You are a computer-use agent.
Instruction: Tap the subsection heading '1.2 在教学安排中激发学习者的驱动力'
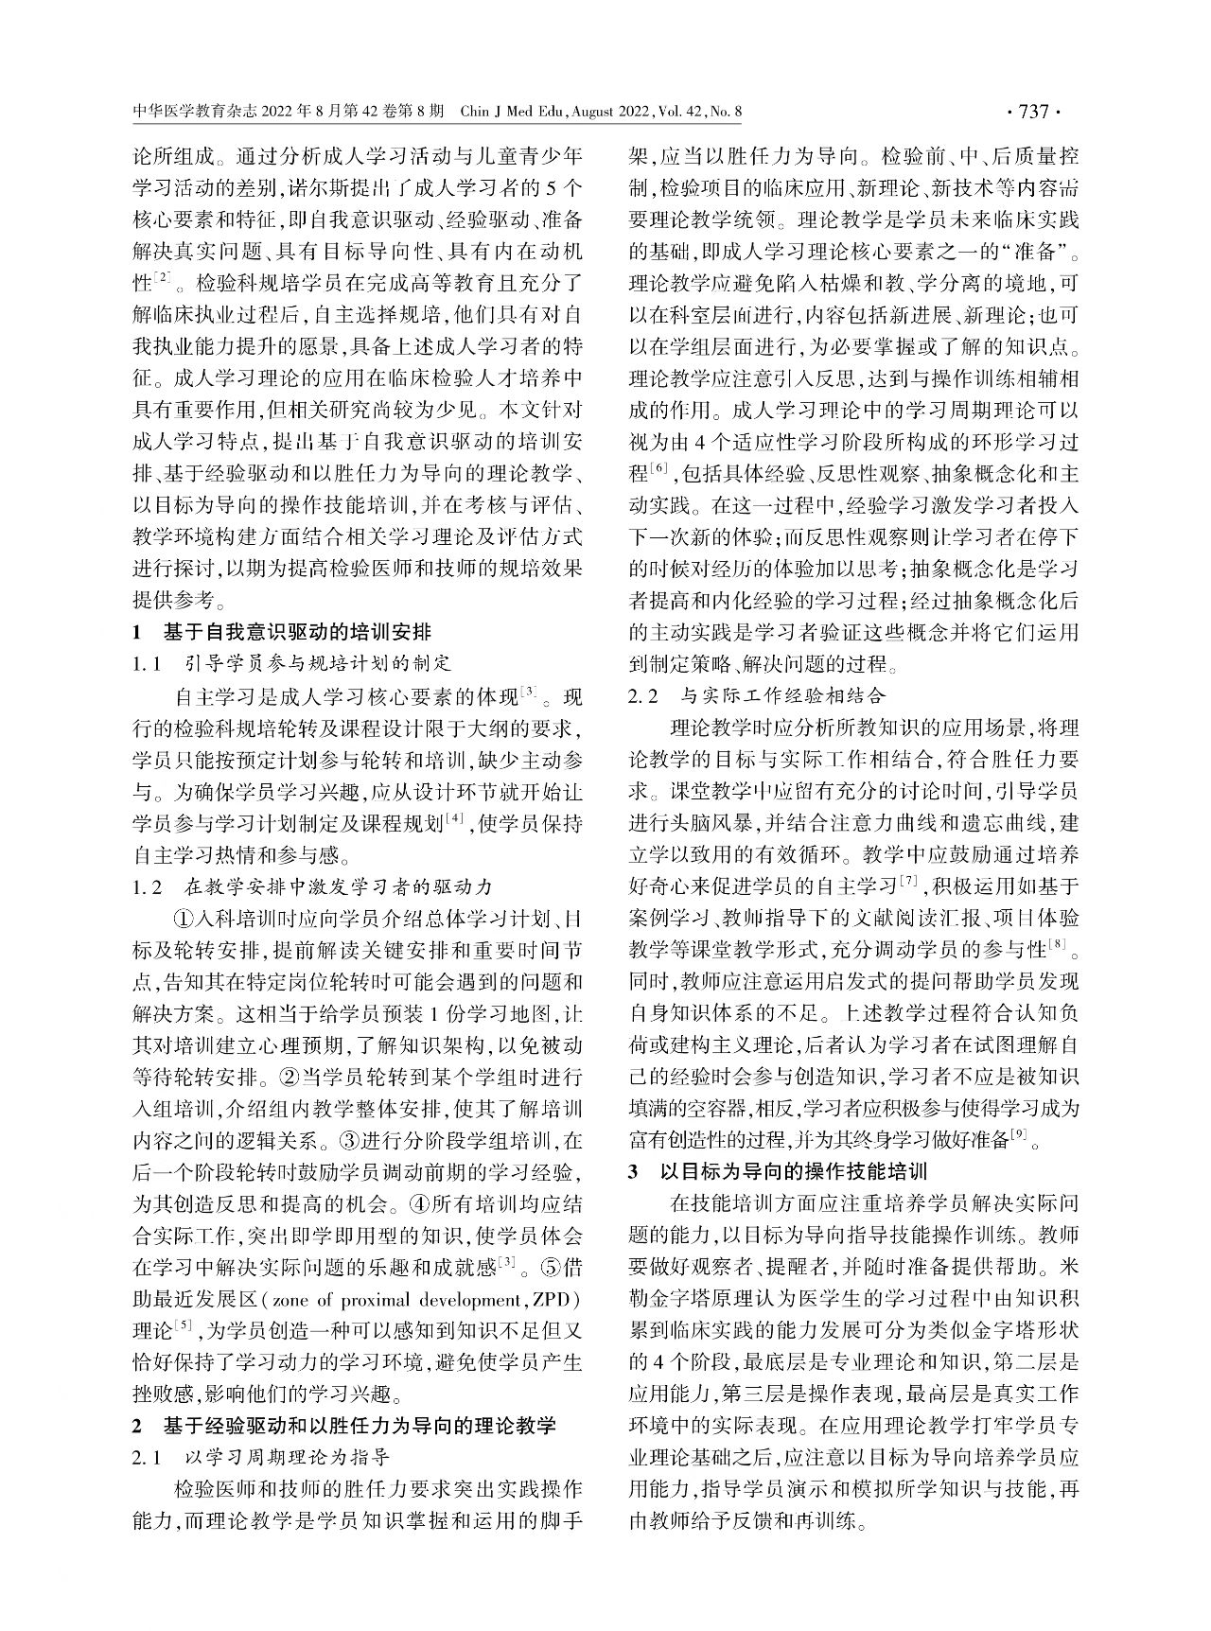(x=312, y=886)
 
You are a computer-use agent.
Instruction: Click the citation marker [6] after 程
(x=659, y=469)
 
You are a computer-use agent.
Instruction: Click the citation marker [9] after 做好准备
(x=1018, y=1136)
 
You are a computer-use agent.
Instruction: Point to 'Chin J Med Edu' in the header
(x=510, y=113)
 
